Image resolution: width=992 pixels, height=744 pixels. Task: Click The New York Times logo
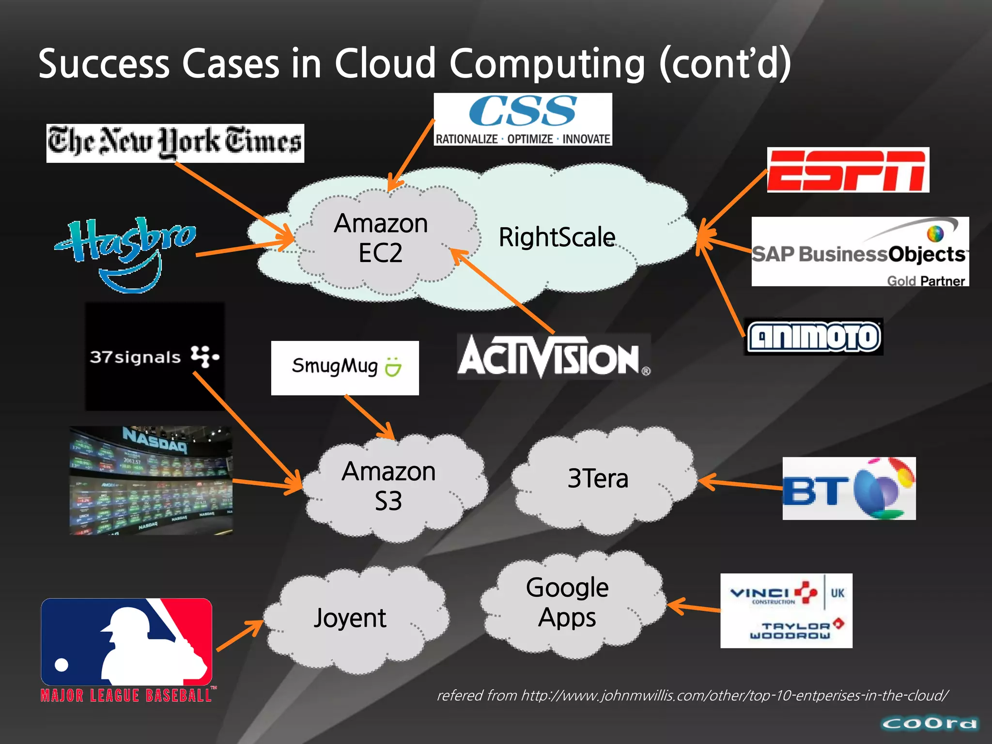(x=175, y=143)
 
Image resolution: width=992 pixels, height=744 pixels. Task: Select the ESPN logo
(x=848, y=170)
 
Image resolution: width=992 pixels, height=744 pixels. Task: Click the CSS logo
(x=523, y=119)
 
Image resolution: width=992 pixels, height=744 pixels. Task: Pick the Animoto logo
(x=813, y=337)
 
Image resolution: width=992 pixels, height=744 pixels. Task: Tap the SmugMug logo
(x=345, y=368)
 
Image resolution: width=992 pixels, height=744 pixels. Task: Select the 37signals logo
(x=155, y=357)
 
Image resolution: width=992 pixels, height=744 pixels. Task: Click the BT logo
(x=849, y=488)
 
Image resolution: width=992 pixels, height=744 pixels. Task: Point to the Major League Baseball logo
(x=127, y=650)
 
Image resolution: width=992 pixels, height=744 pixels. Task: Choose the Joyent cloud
(x=350, y=618)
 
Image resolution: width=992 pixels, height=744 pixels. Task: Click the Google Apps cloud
(x=567, y=603)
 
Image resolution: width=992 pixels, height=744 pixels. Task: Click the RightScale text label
(x=557, y=237)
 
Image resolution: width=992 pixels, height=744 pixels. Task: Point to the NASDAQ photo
(x=151, y=480)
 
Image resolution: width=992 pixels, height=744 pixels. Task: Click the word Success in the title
(x=104, y=64)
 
